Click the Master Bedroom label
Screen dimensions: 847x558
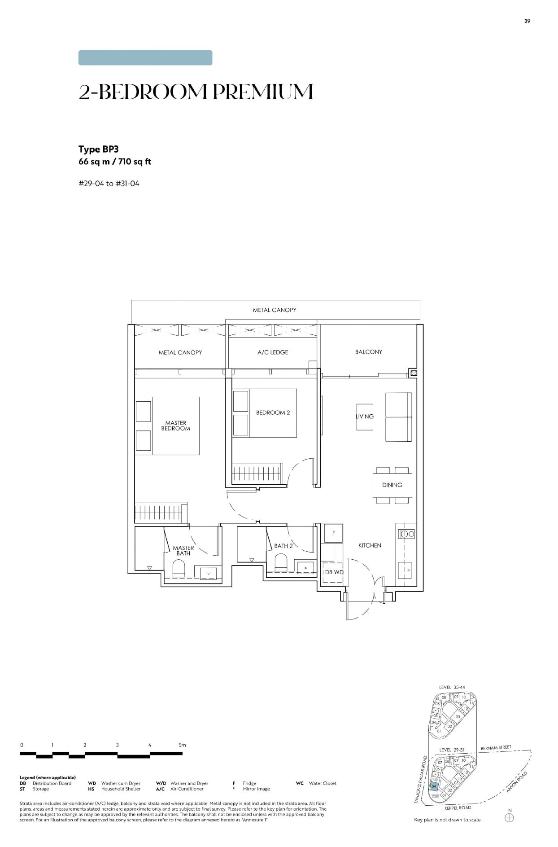[175, 426]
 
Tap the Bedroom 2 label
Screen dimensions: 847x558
[273, 413]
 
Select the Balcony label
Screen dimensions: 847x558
[368, 352]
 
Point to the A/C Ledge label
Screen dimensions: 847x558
[272, 352]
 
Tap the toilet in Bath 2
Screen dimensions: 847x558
[280, 562]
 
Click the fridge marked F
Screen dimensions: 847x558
[333, 533]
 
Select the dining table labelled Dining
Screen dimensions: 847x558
[392, 485]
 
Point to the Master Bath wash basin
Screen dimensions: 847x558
[208, 573]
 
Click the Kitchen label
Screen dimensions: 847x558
[370, 545]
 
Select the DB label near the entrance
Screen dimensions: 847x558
[329, 572]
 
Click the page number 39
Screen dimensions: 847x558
[527, 21]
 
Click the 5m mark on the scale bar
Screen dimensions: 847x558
[182, 745]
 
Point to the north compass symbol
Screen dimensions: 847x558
[509, 817]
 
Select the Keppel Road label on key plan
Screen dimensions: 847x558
[458, 808]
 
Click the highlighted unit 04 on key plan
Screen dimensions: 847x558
[433, 786]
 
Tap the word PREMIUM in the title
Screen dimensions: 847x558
[262, 92]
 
